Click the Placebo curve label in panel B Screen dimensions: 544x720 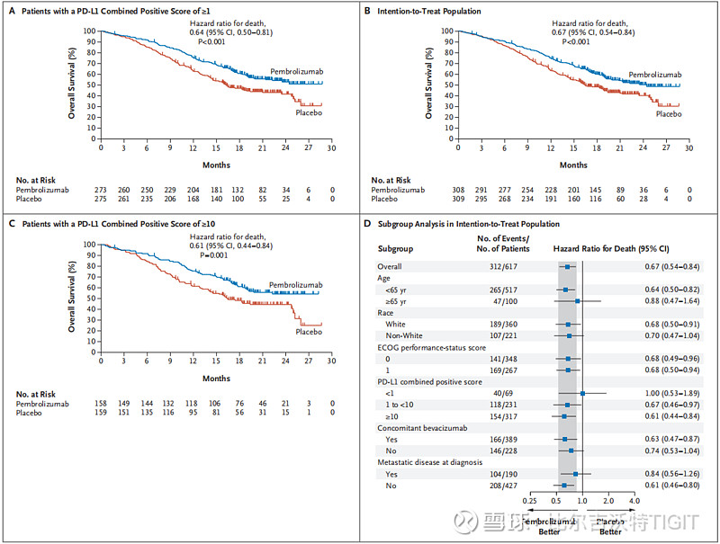(669, 114)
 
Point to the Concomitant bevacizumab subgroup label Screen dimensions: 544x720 (427, 428)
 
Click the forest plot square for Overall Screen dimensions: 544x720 (567, 267)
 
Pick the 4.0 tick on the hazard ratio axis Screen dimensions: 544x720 (634, 501)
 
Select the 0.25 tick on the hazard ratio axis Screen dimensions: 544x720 (531, 501)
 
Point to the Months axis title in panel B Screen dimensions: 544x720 (573, 165)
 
